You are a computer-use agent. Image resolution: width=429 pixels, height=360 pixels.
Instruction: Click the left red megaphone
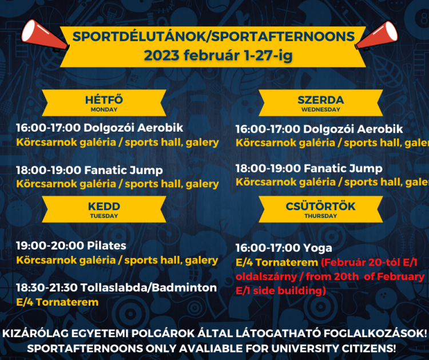pos(44,36)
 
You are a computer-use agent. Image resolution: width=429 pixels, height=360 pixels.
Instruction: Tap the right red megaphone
pos(377,36)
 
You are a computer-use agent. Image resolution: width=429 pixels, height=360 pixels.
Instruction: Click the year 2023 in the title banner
pos(161,56)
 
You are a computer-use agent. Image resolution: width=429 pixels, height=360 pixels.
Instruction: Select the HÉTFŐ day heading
pos(104,100)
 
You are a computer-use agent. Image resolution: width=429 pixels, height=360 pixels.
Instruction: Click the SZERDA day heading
pos(321,100)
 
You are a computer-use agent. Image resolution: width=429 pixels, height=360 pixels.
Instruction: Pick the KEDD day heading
pos(104,206)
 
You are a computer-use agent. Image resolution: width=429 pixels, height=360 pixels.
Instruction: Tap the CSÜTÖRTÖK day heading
pos(321,206)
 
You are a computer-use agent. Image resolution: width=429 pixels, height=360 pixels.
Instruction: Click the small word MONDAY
pos(104,109)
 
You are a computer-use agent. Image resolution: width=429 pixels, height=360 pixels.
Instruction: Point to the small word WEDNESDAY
pos(321,109)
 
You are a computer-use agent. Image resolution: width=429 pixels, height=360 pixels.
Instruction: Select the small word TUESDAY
pos(104,216)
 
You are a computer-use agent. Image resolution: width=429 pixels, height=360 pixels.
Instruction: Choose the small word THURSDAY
pos(321,216)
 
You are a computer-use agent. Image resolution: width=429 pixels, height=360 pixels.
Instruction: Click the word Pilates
pos(106,246)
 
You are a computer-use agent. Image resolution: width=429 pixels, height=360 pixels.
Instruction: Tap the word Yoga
pos(317,248)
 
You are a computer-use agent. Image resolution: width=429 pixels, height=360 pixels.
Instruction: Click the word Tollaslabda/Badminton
pos(149,288)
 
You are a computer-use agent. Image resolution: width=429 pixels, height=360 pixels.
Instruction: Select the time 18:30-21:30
pos(47,288)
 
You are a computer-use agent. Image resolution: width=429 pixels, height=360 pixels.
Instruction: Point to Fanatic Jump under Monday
pos(124,171)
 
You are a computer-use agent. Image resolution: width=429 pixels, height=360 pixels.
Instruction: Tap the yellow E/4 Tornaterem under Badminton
pos(57,302)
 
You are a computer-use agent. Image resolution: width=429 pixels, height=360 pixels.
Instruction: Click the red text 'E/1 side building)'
pos(281,291)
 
